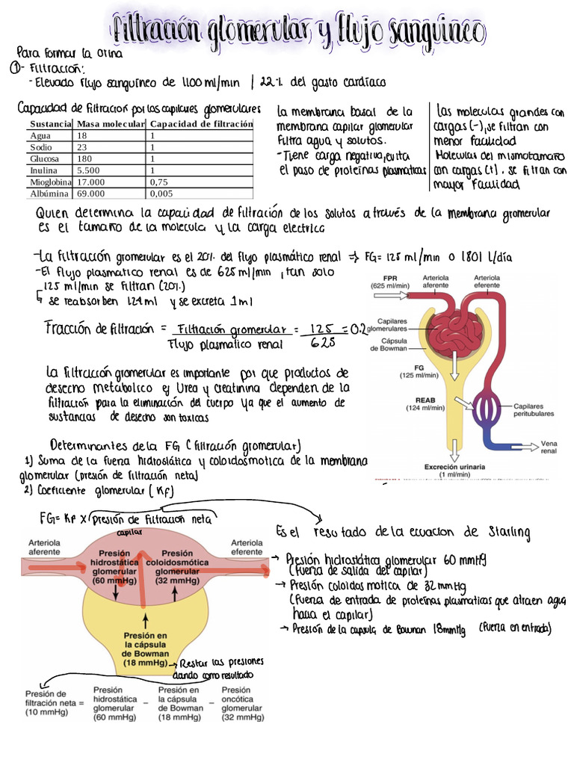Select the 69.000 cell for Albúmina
point(91,193)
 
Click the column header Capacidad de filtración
point(200,124)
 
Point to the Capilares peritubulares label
point(533,409)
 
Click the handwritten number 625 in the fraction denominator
point(322,343)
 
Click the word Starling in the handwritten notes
point(509,532)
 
